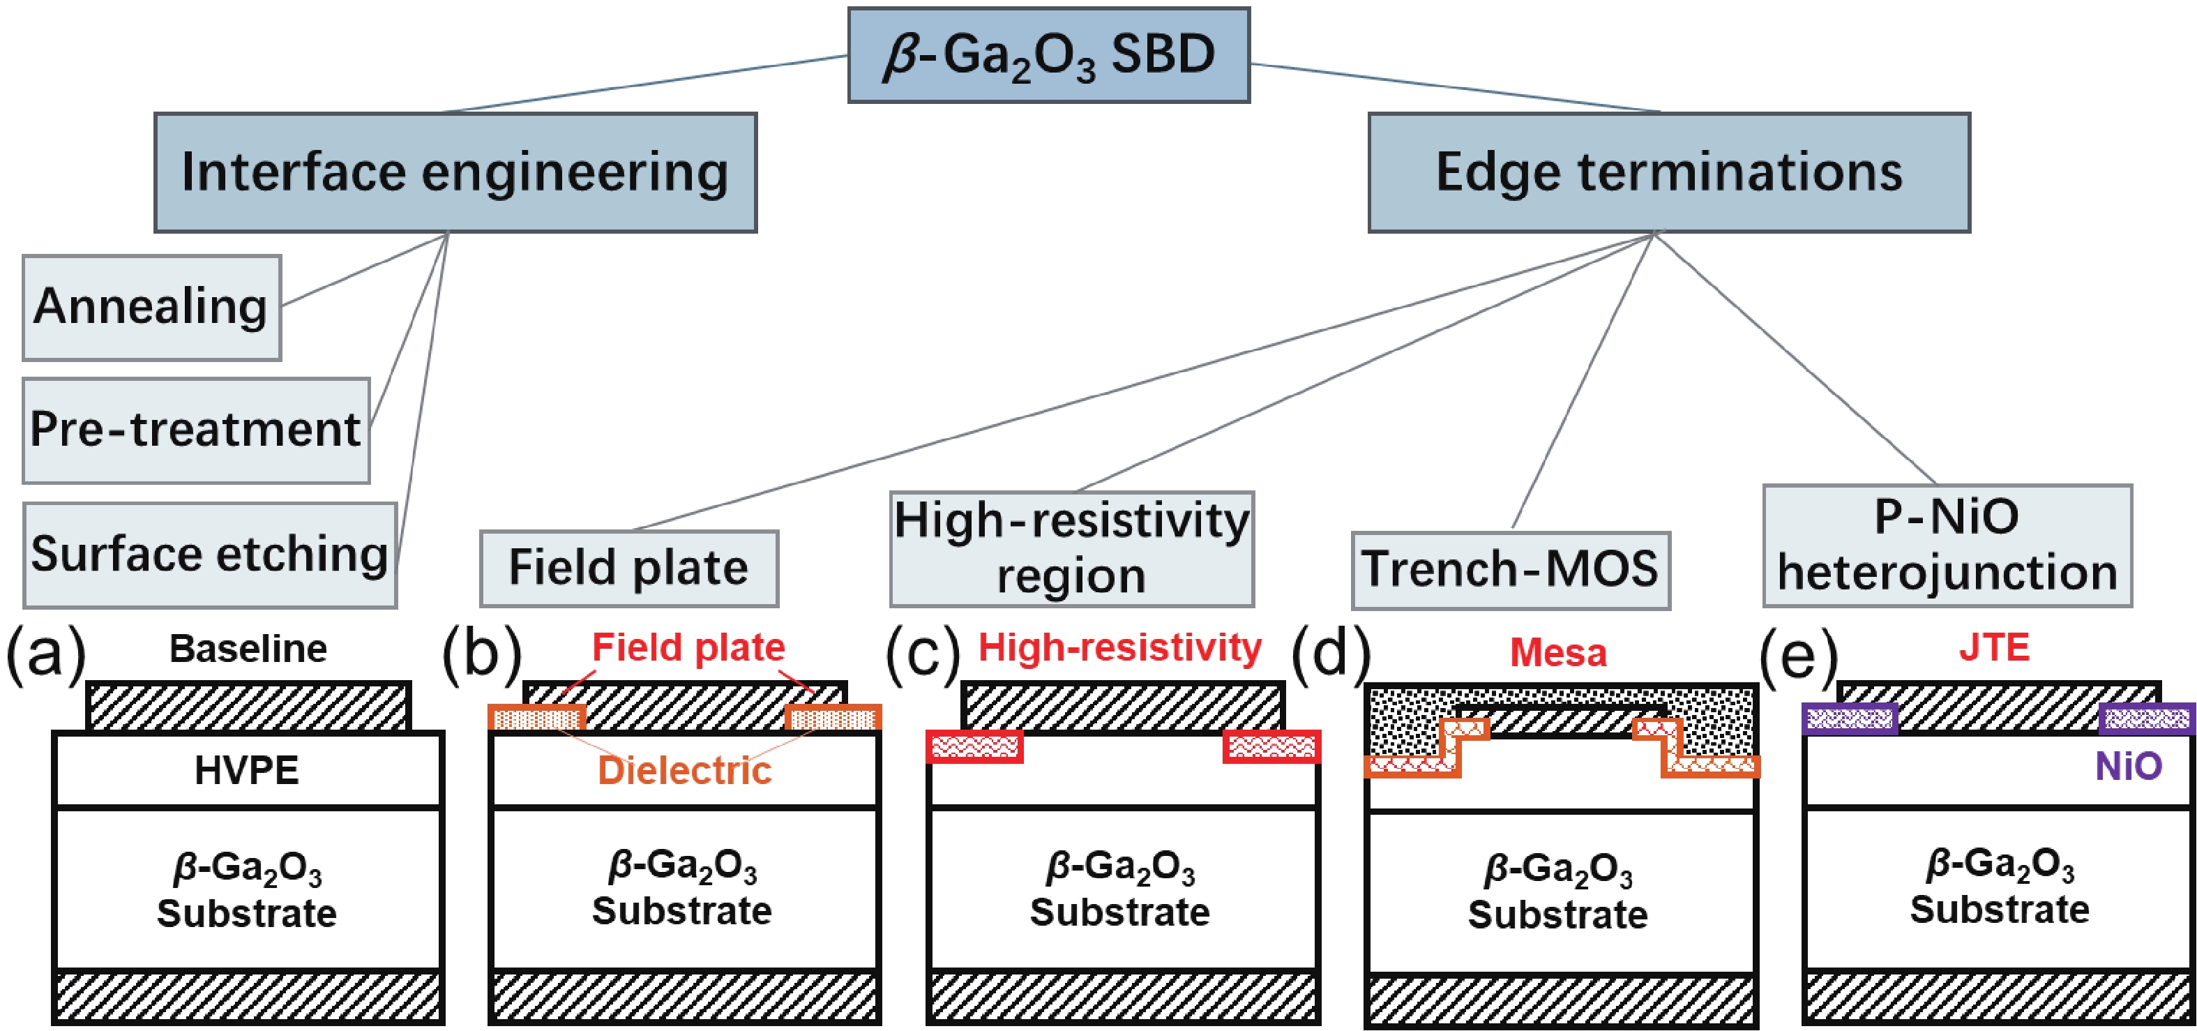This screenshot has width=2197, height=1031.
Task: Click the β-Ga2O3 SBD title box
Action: [1048, 55]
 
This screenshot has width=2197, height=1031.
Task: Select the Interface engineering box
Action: [455, 172]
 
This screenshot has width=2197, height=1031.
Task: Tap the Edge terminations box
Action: [1668, 172]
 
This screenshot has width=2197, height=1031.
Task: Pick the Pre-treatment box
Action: [196, 430]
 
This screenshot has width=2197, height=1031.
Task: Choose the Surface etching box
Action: [210, 555]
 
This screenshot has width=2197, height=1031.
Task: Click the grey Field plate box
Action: [628, 569]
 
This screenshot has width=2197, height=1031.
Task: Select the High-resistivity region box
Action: [1071, 548]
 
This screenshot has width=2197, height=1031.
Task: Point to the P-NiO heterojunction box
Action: [1947, 545]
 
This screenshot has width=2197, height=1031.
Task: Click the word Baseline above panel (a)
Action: [248, 649]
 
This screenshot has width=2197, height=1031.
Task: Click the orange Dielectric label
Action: [684, 770]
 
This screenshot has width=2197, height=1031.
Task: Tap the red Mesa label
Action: [1558, 653]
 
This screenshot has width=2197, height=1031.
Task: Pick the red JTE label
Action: [1994, 648]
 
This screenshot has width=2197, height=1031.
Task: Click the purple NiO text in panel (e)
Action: [2129, 767]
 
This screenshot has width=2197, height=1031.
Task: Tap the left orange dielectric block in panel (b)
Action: [536, 718]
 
